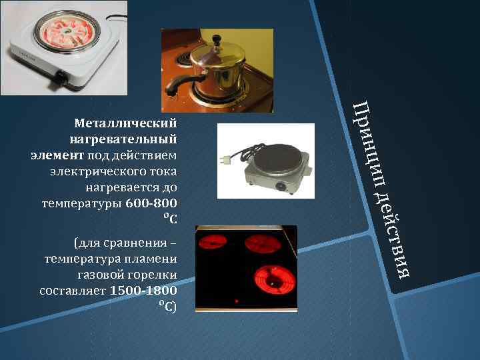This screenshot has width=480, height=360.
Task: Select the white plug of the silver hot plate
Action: [224, 160]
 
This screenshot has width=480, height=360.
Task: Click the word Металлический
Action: [126, 123]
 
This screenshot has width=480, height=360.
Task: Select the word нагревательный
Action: [123, 139]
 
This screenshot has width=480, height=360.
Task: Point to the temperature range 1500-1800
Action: [143, 291]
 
